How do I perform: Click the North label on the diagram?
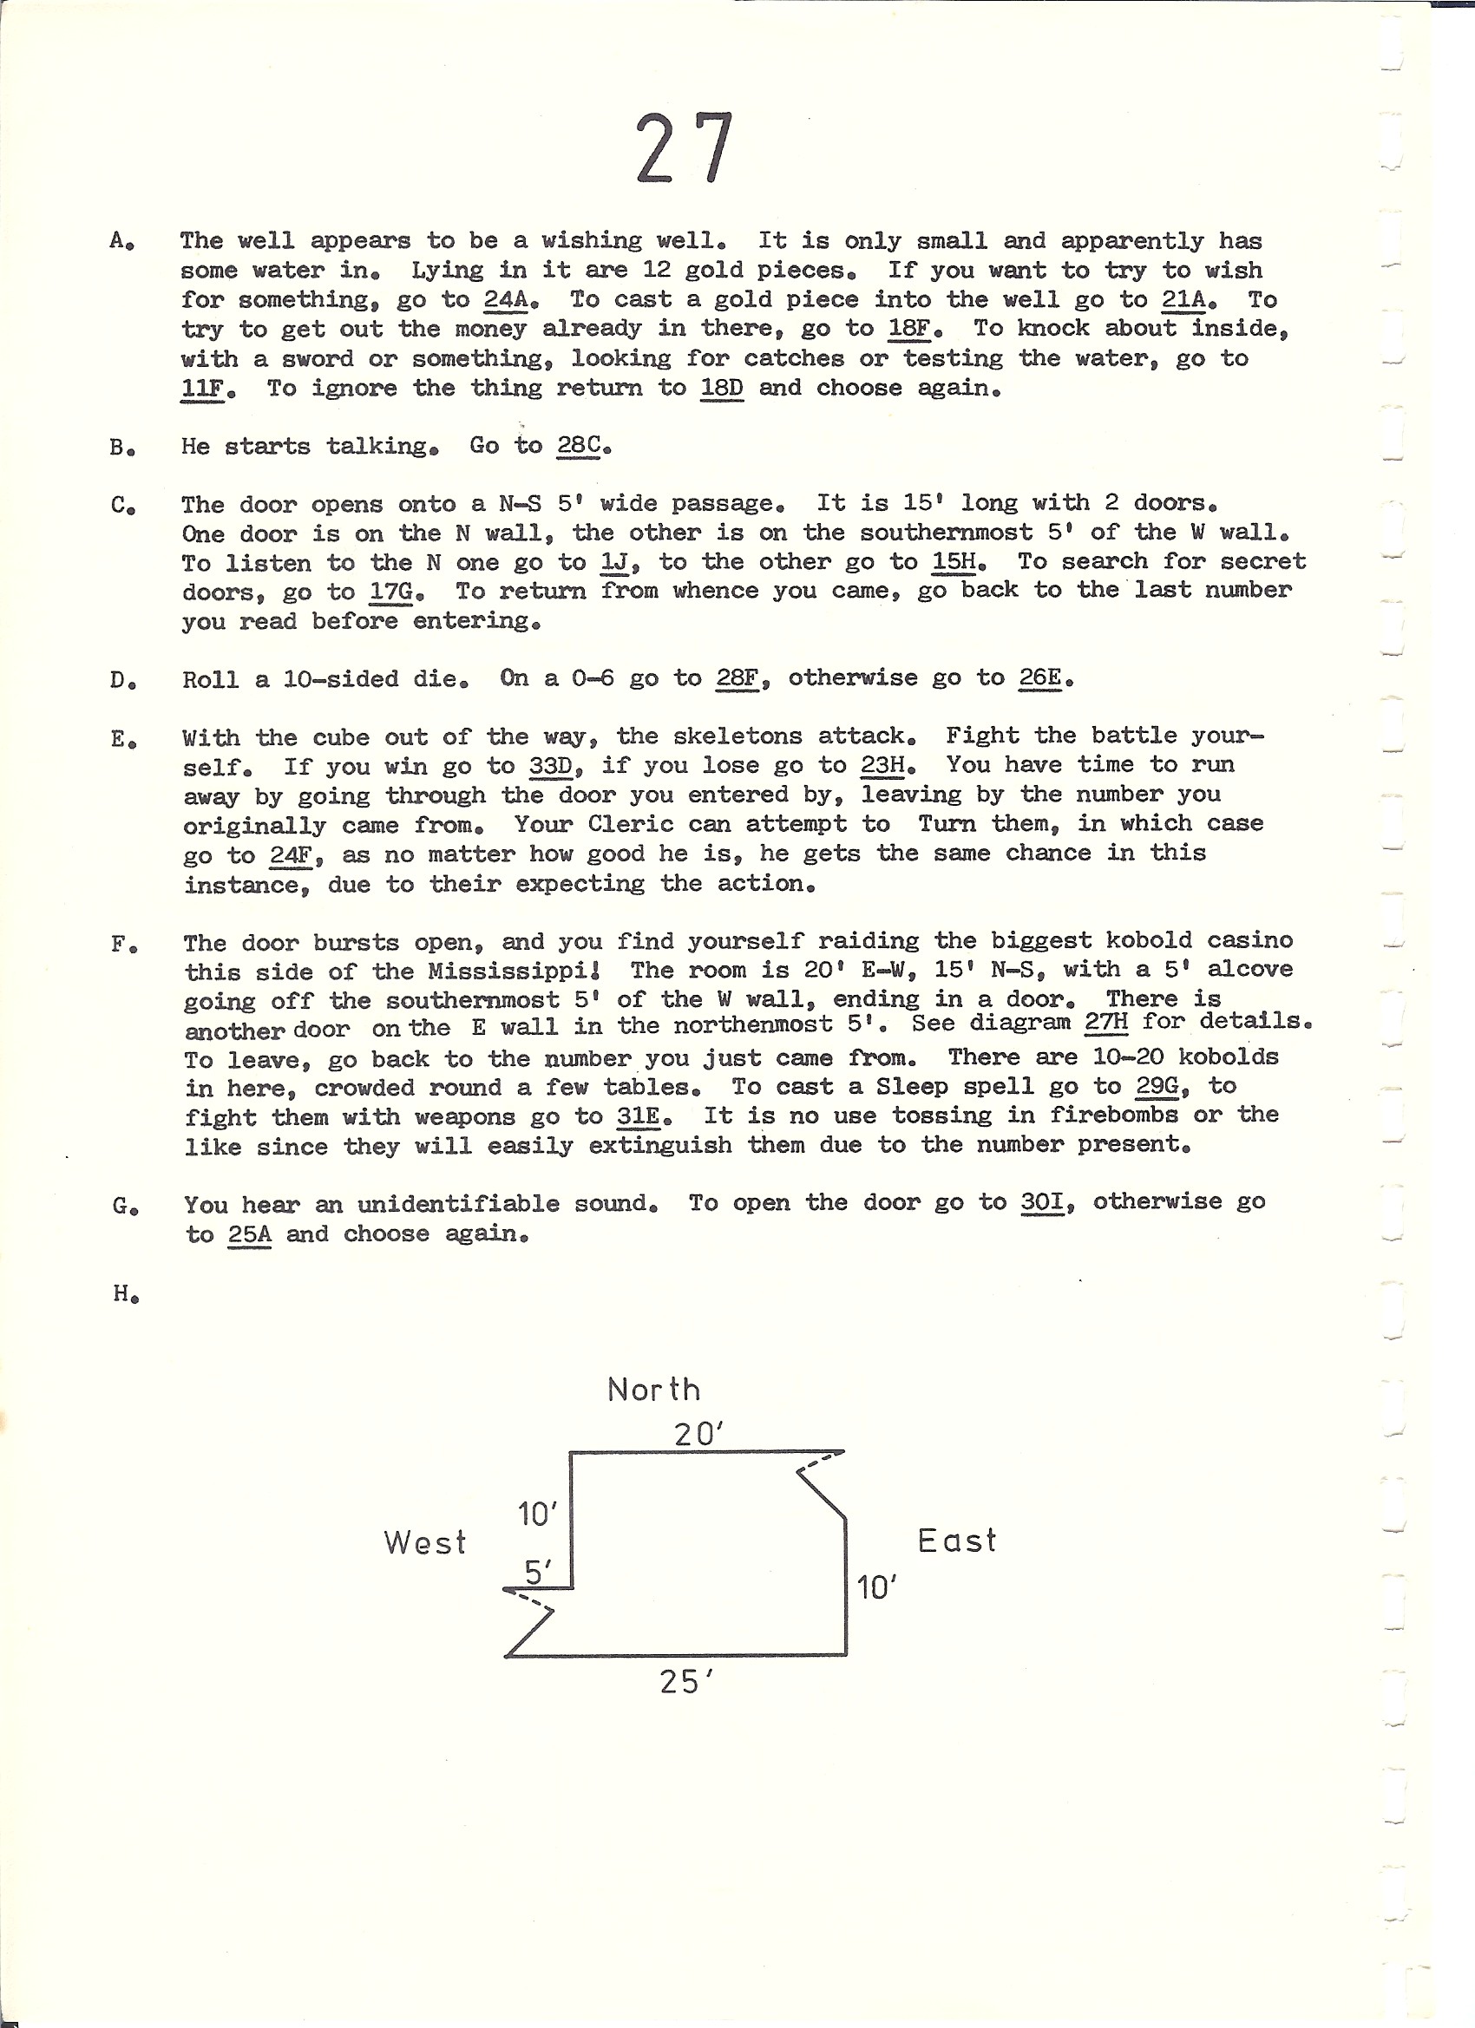(x=653, y=1390)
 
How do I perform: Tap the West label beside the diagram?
(x=425, y=1542)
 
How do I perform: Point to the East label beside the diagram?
(x=956, y=1541)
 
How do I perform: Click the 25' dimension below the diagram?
(x=686, y=1682)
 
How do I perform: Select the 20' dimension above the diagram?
(x=698, y=1435)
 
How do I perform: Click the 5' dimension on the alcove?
(x=537, y=1572)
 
